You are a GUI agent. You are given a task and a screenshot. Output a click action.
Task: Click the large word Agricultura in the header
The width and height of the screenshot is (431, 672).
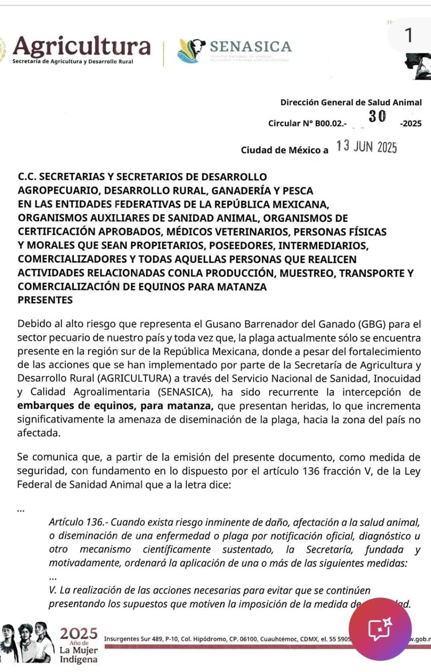[x=81, y=46]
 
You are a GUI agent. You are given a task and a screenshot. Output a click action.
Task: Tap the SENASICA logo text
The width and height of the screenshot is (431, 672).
[x=251, y=46]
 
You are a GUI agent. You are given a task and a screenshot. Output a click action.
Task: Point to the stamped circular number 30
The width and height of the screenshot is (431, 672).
[x=377, y=116]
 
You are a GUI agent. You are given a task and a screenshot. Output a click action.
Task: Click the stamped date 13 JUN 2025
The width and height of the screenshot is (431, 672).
[x=366, y=147]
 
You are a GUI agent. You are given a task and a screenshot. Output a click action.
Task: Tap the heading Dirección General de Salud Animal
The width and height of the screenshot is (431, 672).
[x=351, y=102]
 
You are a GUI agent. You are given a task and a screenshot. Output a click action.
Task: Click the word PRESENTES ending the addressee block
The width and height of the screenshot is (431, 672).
[x=45, y=300]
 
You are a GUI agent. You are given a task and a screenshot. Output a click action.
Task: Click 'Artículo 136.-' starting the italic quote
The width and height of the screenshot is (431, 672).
[x=78, y=522]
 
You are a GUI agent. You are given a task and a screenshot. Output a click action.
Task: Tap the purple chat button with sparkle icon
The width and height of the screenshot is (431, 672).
[x=380, y=629]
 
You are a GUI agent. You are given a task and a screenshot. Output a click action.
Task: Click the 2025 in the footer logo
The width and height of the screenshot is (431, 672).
[x=78, y=633]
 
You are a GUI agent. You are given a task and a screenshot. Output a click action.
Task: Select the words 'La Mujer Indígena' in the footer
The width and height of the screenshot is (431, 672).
[x=78, y=655]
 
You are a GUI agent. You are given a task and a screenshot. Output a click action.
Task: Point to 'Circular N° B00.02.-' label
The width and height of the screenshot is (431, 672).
[x=307, y=123]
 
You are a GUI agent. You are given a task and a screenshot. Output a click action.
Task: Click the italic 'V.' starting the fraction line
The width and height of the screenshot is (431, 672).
[x=53, y=590]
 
